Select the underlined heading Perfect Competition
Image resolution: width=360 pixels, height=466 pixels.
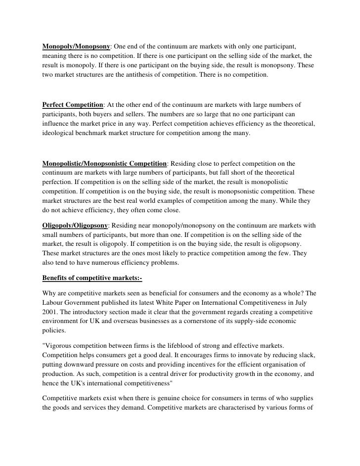(73, 105)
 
